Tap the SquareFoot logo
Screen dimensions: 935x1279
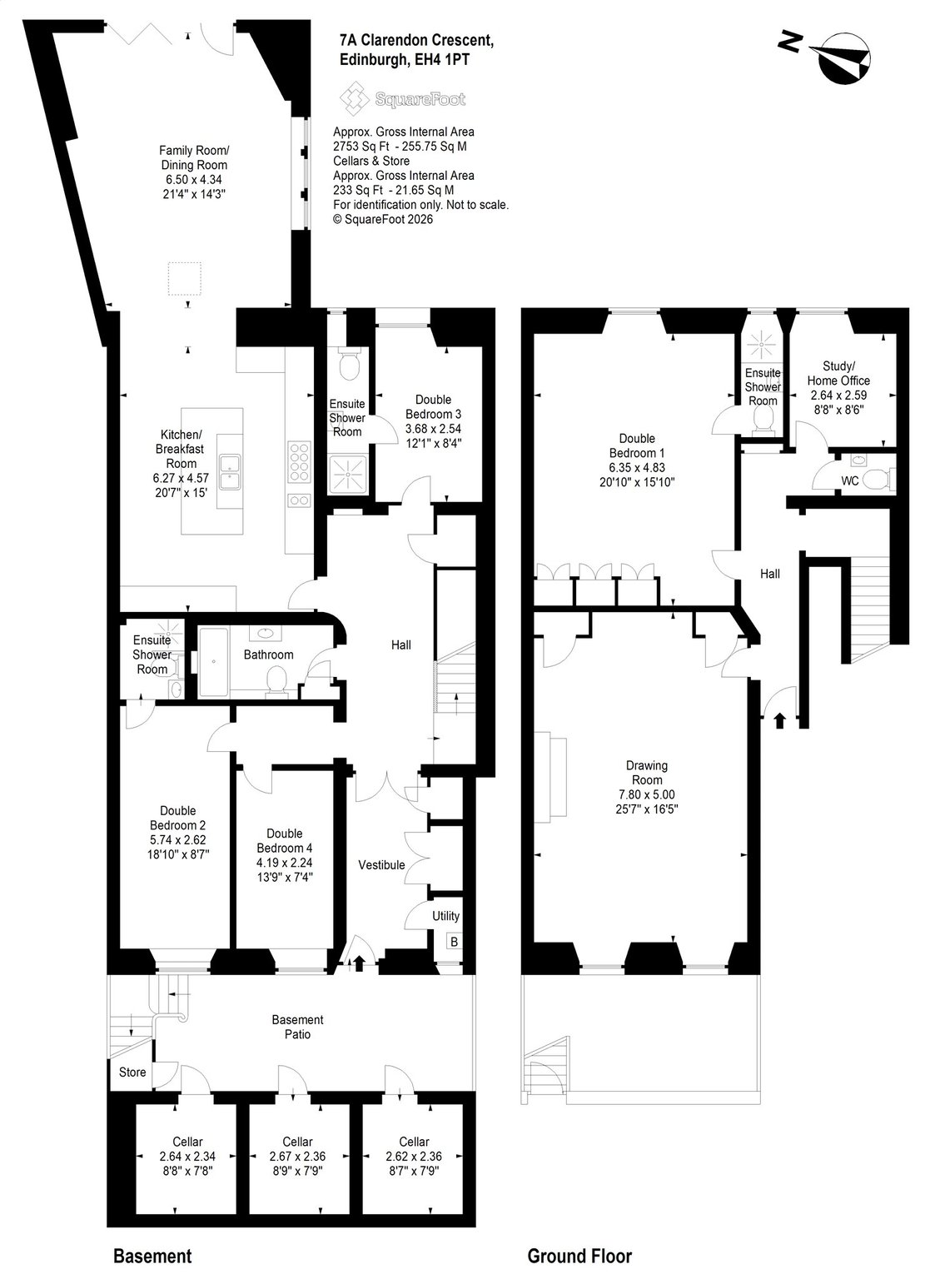(402, 99)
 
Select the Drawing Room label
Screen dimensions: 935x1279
(646, 772)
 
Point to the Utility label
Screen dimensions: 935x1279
(445, 916)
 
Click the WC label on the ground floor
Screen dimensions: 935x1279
(849, 480)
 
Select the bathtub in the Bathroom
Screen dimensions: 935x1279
(213, 662)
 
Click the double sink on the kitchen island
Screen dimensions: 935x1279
(230, 473)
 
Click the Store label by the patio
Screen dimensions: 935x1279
(132, 1072)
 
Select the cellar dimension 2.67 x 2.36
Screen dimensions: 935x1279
(297, 1157)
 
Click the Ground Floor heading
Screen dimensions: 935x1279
(579, 1256)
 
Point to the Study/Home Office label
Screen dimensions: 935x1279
(838, 373)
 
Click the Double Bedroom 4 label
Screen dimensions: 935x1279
(284, 840)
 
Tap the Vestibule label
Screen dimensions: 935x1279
(381, 864)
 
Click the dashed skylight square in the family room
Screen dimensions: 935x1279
(184, 279)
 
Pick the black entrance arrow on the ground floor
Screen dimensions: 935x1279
(780, 720)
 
